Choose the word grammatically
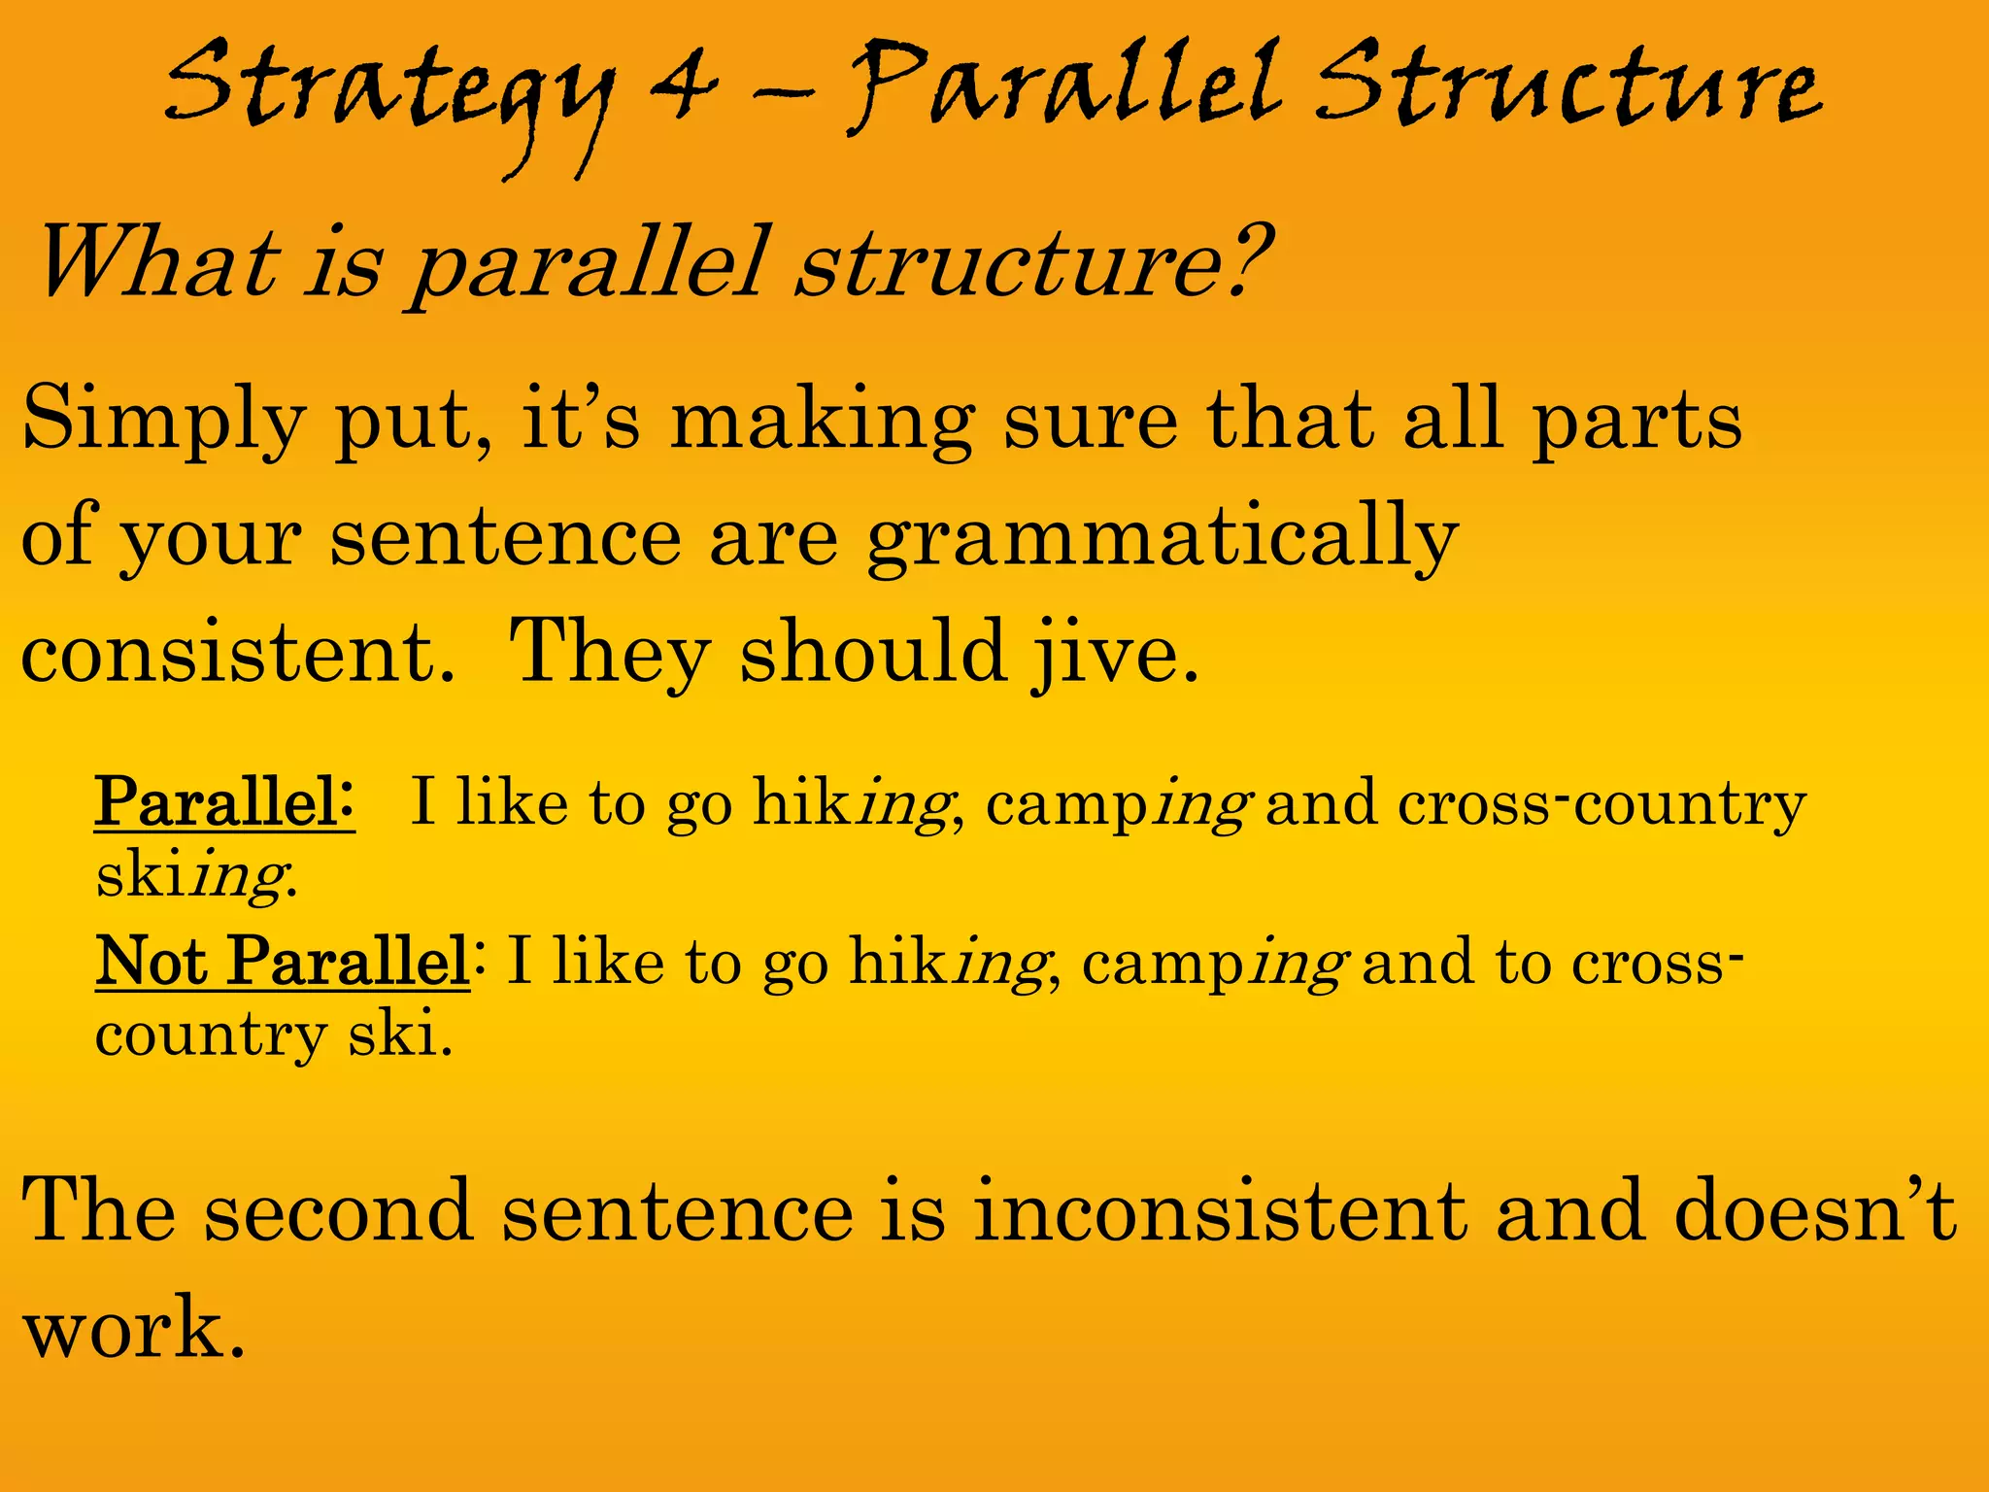pos(1163,540)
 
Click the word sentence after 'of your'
pos(505,538)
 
